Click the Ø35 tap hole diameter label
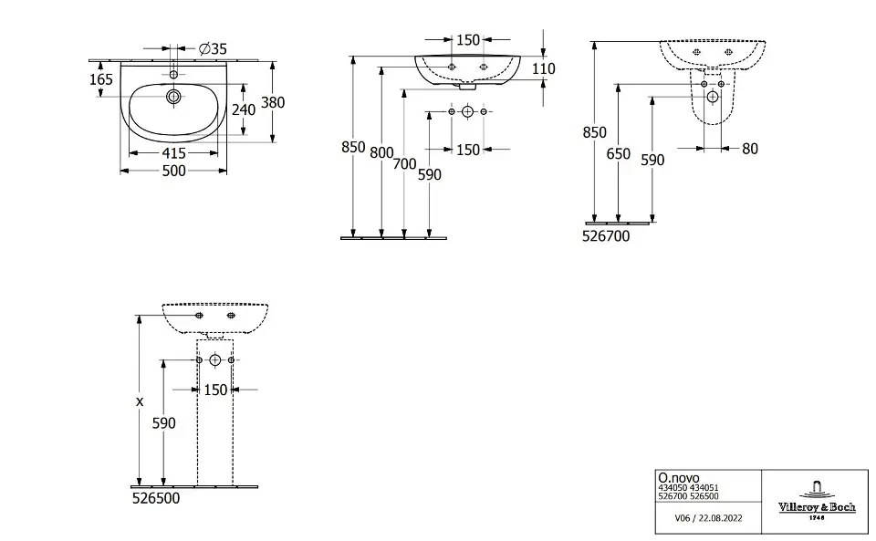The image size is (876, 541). (212, 48)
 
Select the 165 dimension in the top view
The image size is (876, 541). (101, 79)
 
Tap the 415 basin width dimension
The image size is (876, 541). (173, 154)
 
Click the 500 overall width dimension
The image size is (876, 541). (173, 171)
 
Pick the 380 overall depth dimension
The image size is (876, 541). (273, 102)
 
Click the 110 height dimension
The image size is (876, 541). (543, 68)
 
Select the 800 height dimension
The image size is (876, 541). (381, 152)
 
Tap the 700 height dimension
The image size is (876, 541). (404, 164)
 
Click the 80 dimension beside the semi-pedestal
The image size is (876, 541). (749, 148)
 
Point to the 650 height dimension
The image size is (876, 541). (618, 154)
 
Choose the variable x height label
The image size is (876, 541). (140, 401)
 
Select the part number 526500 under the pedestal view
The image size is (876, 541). (155, 499)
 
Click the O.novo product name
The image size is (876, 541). (674, 476)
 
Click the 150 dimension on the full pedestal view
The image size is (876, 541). (214, 390)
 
